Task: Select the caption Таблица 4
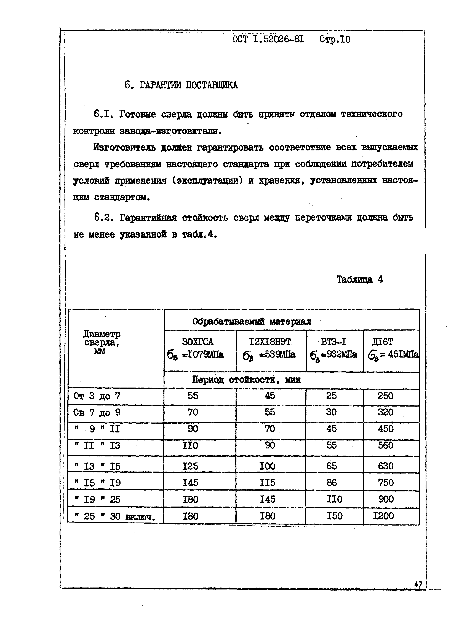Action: click(x=359, y=280)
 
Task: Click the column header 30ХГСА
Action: click(x=198, y=342)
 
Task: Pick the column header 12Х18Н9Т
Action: click(x=270, y=342)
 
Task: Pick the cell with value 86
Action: click(x=331, y=483)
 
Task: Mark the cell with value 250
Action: click(x=385, y=396)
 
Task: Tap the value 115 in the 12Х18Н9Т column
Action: click(x=267, y=483)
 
